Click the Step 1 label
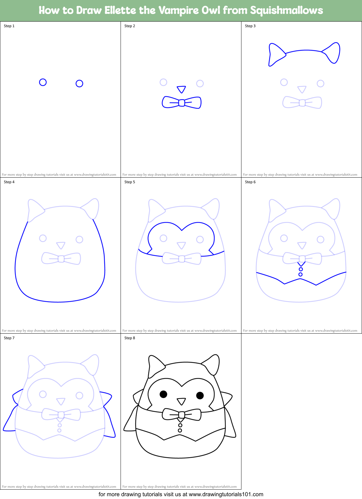point(9,26)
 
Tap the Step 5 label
point(130,182)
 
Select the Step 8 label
point(130,338)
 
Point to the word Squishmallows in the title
point(287,10)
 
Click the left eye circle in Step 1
point(43,82)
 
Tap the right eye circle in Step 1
point(79,83)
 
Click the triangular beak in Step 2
point(181,89)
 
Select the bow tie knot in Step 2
point(181,103)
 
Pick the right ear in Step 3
point(333,53)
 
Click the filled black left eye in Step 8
point(163,394)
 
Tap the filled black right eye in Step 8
point(200,396)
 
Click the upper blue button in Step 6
point(301,269)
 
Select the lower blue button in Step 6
point(300,275)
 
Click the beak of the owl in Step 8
point(181,401)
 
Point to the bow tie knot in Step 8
point(181,415)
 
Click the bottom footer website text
point(181,494)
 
